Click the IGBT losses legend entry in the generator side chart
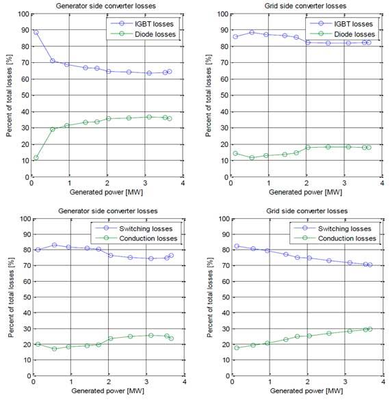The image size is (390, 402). click(142, 24)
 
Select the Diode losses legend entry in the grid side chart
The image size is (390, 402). click(342, 34)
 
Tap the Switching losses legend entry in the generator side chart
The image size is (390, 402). click(133, 228)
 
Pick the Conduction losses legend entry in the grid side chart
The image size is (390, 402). click(335, 238)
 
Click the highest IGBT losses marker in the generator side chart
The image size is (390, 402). click(36, 33)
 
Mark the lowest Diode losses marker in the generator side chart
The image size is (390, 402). click(36, 158)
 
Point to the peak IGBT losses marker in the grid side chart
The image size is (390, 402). click(252, 32)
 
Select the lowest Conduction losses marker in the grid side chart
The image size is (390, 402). click(237, 348)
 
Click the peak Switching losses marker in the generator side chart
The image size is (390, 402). click(55, 245)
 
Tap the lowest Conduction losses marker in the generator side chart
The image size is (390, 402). click(55, 349)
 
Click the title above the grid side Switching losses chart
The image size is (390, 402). click(307, 211)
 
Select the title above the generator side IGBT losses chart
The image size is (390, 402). click(105, 6)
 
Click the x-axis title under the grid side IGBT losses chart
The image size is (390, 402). click(305, 192)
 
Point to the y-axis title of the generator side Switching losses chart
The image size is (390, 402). click(11, 297)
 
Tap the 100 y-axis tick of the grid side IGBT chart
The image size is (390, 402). click(223, 14)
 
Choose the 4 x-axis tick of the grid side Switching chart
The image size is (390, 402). click(383, 381)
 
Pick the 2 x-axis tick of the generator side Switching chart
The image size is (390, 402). click(109, 381)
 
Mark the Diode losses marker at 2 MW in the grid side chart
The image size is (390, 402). click(308, 148)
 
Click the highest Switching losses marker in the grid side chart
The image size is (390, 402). click(237, 246)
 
